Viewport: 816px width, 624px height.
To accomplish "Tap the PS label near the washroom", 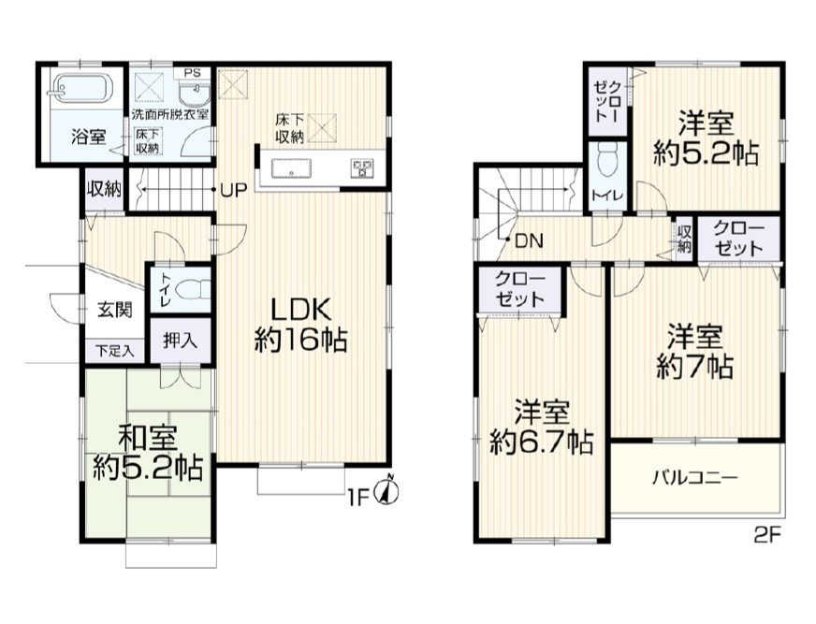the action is [192, 73].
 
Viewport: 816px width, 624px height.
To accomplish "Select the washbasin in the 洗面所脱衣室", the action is [195, 94].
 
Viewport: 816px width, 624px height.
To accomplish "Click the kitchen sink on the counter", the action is [291, 167].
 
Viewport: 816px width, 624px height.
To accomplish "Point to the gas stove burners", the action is [363, 167].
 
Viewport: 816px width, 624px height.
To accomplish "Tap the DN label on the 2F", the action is [530, 240].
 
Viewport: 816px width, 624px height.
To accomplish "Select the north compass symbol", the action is [387, 490].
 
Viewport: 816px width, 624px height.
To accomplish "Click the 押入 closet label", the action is [180, 341].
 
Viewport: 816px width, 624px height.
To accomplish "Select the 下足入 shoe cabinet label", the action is [115, 350].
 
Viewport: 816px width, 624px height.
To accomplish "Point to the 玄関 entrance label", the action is [115, 310].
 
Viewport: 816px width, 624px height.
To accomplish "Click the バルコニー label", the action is [695, 477].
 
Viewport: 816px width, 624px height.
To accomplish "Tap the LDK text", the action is [301, 311].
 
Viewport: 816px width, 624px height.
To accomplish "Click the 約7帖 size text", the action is [695, 367].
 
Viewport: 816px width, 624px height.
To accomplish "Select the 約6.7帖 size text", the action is [542, 443].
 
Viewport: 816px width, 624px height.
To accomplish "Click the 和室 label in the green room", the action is [148, 438].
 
